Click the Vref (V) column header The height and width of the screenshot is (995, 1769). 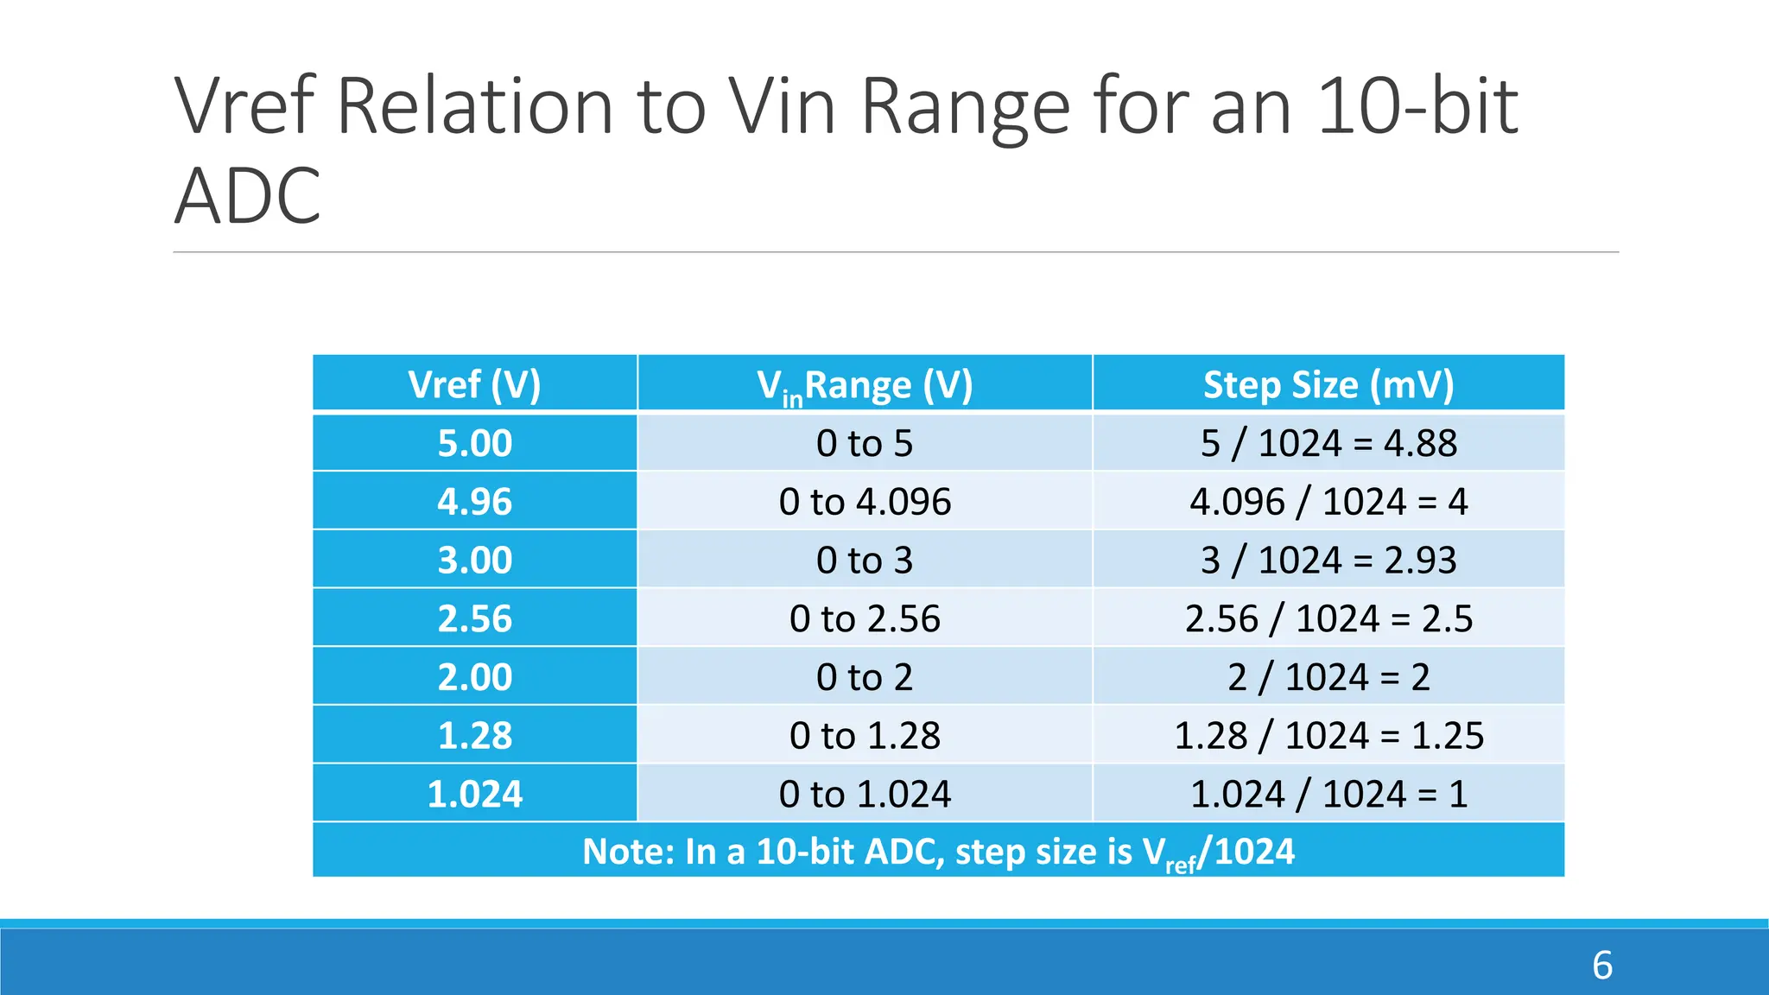474,384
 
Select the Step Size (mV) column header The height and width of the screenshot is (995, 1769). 1328,384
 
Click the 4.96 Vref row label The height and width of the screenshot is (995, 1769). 474,502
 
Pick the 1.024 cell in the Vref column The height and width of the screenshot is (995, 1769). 474,794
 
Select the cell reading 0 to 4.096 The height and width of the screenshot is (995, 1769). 865,502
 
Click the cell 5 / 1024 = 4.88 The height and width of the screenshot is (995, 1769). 1328,443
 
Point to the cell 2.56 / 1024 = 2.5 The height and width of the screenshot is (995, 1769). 1328,618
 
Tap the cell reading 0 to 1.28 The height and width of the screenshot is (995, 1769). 865,736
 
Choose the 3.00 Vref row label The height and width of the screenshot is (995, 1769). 474,561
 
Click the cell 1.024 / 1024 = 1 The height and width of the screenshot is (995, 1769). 1328,794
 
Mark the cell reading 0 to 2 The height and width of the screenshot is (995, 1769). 865,677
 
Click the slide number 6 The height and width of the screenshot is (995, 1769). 1601,966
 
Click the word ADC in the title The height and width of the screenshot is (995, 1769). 248,196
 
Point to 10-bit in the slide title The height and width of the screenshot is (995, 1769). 1417,107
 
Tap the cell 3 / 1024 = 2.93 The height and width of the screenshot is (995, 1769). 1328,561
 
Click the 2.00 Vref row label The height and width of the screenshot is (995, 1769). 474,677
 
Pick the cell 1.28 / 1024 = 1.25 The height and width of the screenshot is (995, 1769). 1328,736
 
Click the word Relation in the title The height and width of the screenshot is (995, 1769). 474,107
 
